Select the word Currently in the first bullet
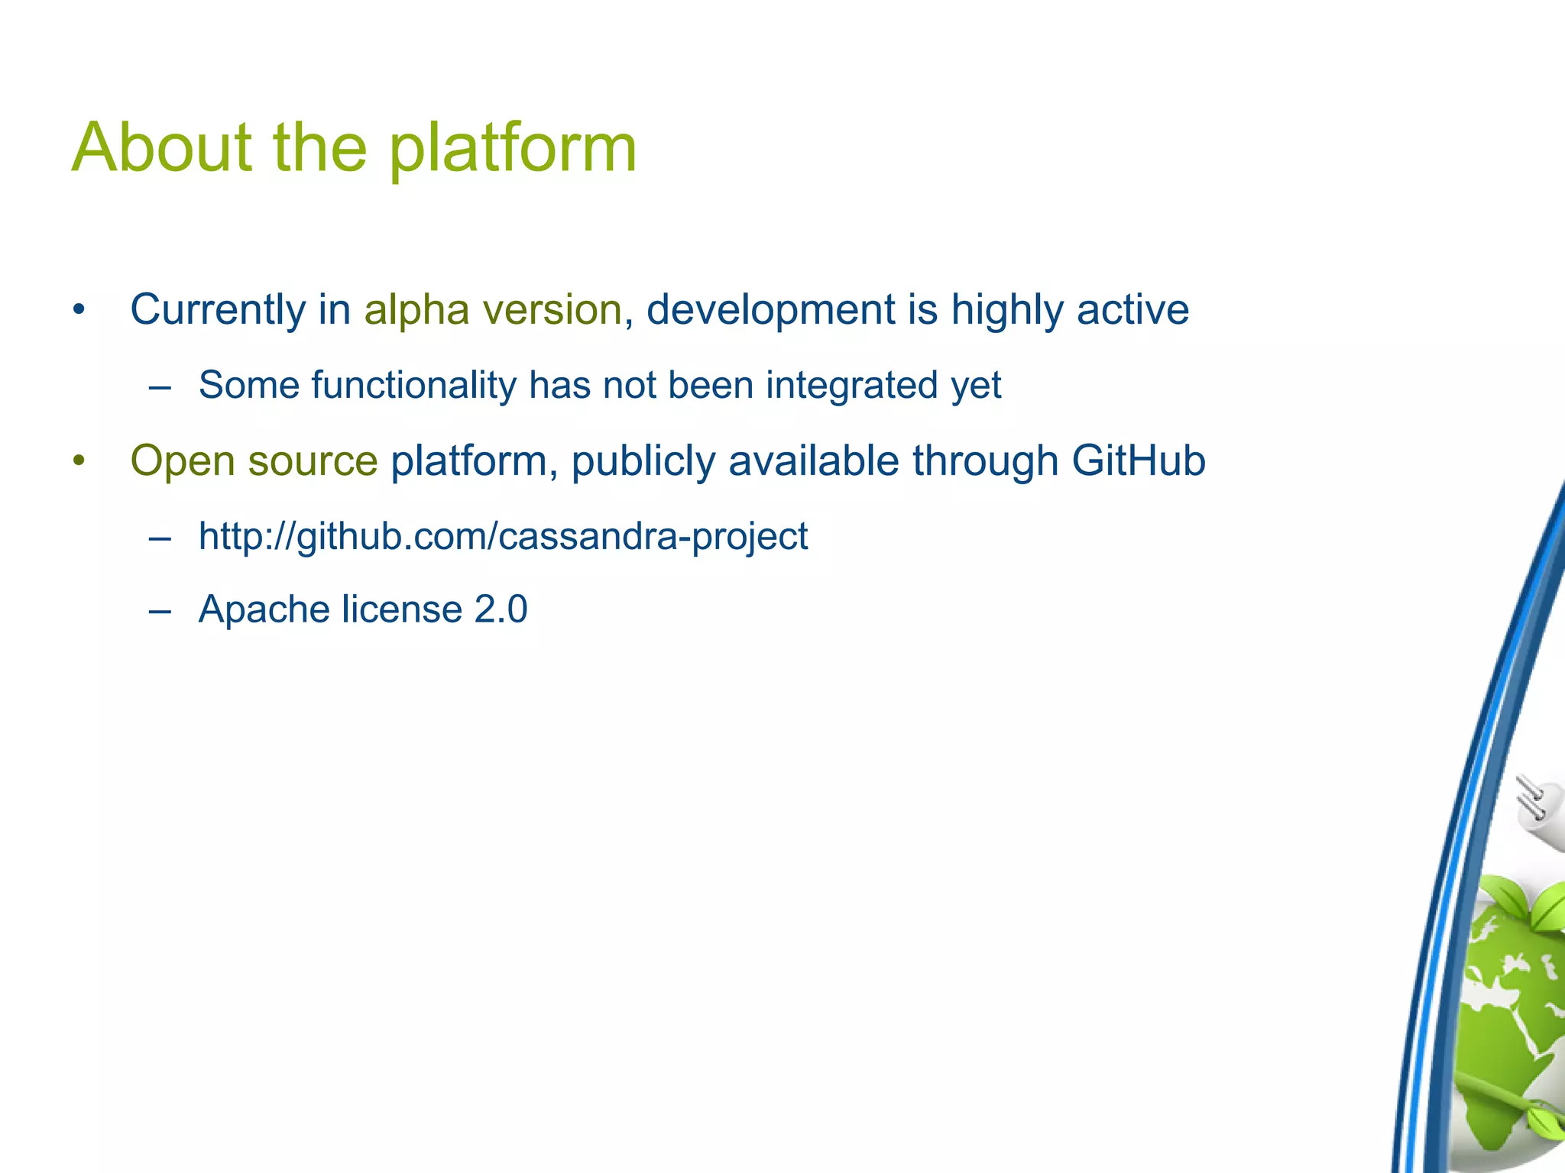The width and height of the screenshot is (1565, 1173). click(x=218, y=311)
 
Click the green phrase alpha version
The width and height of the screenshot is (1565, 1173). click(x=493, y=310)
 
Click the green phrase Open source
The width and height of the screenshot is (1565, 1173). click(x=254, y=461)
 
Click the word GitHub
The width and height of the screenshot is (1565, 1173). click(x=1138, y=461)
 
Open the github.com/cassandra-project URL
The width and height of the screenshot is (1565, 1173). click(x=503, y=536)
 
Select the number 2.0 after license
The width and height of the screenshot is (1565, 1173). click(x=501, y=609)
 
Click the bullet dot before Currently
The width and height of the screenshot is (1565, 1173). click(x=78, y=311)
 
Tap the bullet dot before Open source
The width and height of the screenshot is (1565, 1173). click(x=78, y=461)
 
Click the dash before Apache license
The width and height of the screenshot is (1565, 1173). click(x=160, y=610)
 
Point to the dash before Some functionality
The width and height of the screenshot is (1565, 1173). click(x=160, y=386)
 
